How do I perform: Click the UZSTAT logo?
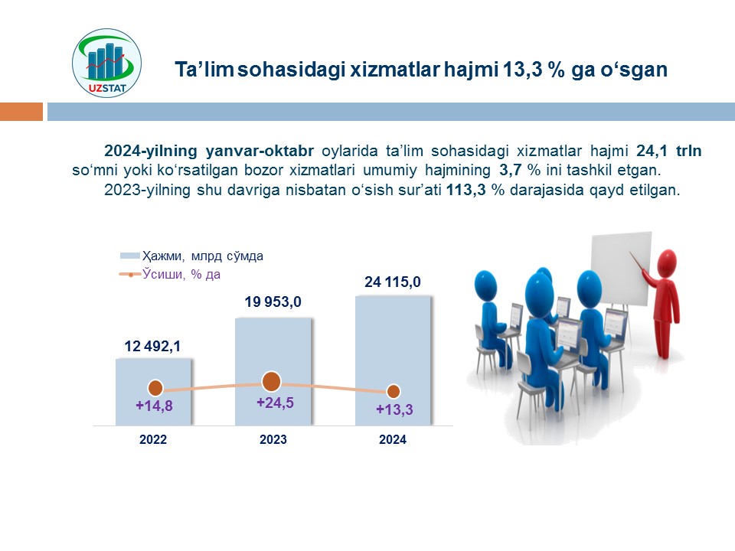point(106,64)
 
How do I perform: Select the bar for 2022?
point(153,392)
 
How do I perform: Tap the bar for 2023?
point(273,372)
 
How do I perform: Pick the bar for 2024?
point(393,360)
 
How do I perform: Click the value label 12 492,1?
point(152,346)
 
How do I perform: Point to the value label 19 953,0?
point(273,302)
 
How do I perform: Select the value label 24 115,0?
point(393,282)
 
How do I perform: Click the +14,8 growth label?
point(154,406)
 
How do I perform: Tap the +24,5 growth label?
point(275,403)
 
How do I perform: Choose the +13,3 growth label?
point(395,409)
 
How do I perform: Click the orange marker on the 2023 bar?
point(271,381)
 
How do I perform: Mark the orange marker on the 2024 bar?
point(394,391)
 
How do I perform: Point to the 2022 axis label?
point(153,439)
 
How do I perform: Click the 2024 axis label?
point(393,439)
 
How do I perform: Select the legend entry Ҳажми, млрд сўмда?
point(191,256)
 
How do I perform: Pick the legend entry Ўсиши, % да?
point(170,274)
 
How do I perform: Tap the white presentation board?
point(621,268)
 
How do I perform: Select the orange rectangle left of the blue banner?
point(21,112)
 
